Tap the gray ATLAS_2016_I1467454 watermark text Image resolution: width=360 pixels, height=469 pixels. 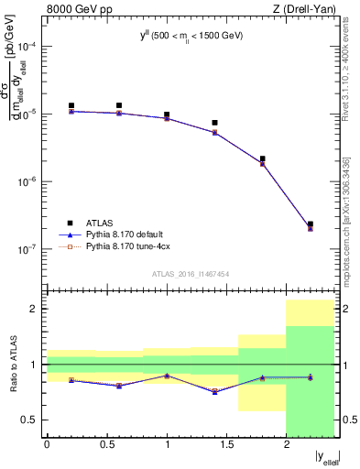190,273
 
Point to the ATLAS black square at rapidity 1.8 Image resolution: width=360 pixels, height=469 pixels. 262,158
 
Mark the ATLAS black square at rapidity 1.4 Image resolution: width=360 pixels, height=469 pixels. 214,123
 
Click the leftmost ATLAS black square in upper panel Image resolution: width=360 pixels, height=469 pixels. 71,105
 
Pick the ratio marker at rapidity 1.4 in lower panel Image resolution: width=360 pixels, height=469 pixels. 214,391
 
